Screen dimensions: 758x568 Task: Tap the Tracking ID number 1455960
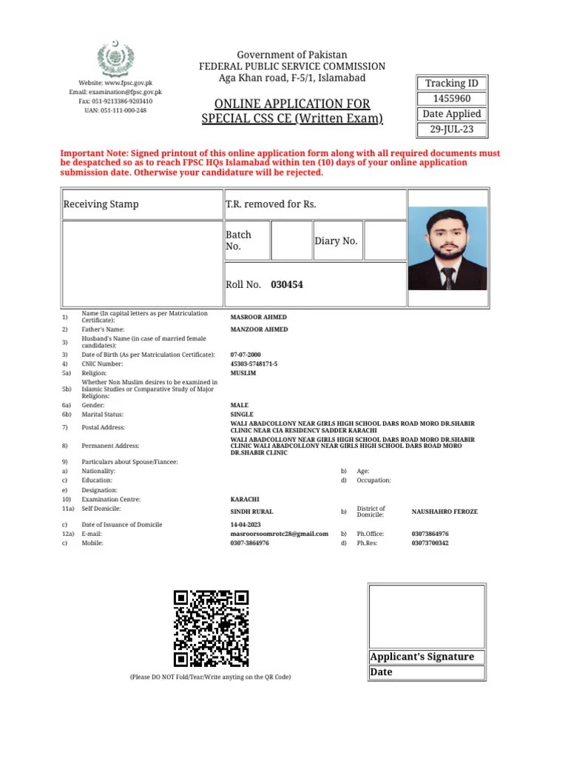451,98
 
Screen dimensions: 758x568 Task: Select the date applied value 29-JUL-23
451,130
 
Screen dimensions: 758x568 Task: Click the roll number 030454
287,284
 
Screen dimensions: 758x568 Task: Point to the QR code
211,628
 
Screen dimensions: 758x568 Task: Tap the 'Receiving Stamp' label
101,204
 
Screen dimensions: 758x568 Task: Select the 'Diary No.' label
336,241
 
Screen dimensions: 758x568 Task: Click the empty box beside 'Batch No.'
291,241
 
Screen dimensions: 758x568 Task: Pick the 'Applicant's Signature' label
422,657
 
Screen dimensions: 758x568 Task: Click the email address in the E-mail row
279,534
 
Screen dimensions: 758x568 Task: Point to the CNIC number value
254,364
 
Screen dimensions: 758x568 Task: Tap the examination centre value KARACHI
245,500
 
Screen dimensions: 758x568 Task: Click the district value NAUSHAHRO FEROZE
444,512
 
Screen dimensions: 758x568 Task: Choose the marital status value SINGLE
242,415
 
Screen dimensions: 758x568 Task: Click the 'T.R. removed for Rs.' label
271,204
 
